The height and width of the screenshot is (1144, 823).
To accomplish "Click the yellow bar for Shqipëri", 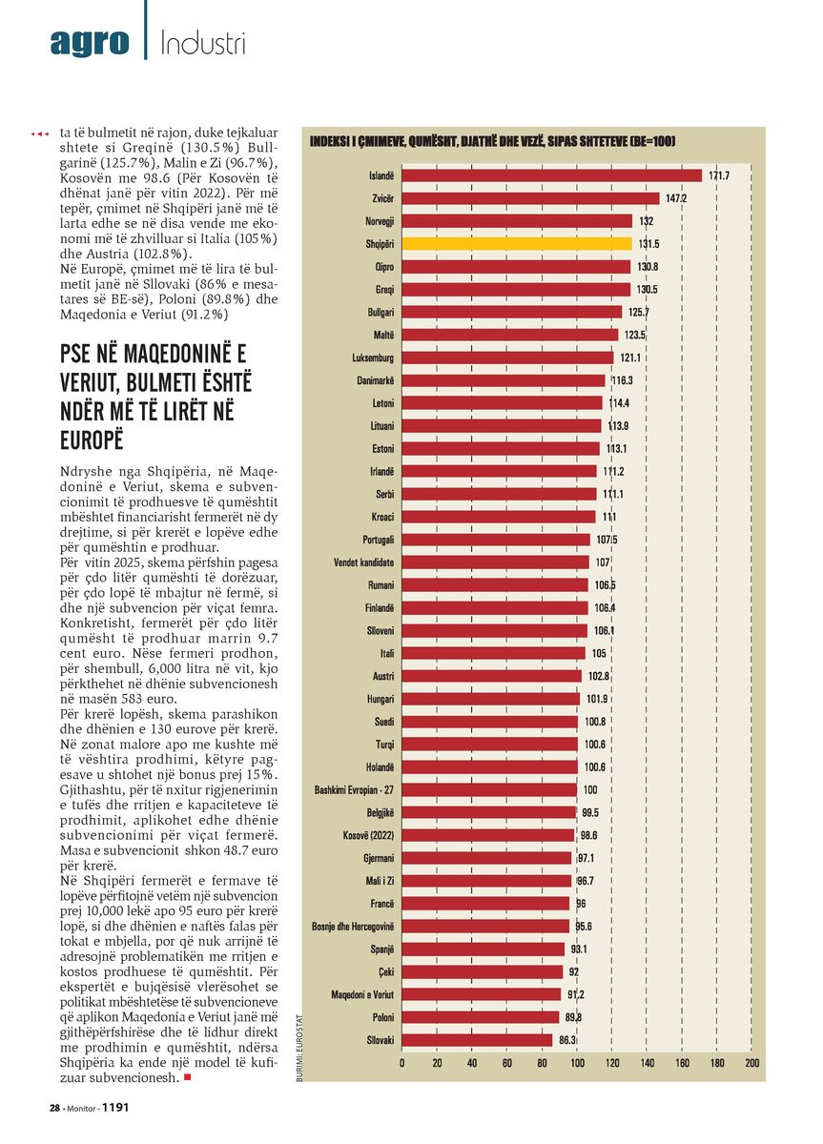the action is [x=517, y=244].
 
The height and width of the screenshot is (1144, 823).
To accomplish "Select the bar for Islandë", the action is [x=552, y=175].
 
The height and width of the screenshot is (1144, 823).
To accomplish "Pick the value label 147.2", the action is [x=676, y=198].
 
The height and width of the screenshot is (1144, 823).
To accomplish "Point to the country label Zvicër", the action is [x=383, y=198].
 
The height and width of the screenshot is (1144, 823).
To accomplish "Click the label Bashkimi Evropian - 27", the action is [x=354, y=789].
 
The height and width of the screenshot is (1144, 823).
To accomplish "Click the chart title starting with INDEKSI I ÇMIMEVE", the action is [x=492, y=141].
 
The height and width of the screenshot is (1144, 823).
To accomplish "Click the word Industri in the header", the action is [x=203, y=43].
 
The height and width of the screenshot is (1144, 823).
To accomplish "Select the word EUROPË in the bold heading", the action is [x=92, y=440].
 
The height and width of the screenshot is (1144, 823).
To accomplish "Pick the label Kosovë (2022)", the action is [x=368, y=835].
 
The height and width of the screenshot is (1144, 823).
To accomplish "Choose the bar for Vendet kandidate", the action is [x=496, y=562].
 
